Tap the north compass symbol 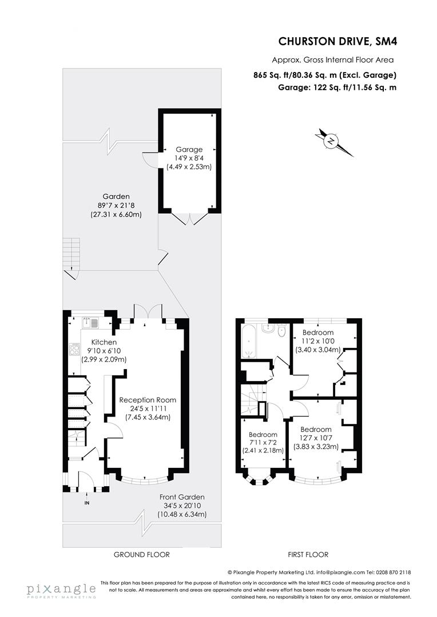(331, 142)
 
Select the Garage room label (189, 150)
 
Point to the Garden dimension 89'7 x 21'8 (116, 205)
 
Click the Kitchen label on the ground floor (103, 342)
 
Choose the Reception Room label (148, 400)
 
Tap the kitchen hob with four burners (74, 349)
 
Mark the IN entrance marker (87, 503)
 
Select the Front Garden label (182, 497)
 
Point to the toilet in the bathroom (281, 331)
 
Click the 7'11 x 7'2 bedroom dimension (263, 442)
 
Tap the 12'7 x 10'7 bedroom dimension (316, 438)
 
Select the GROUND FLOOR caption (142, 554)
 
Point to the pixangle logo (61, 590)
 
